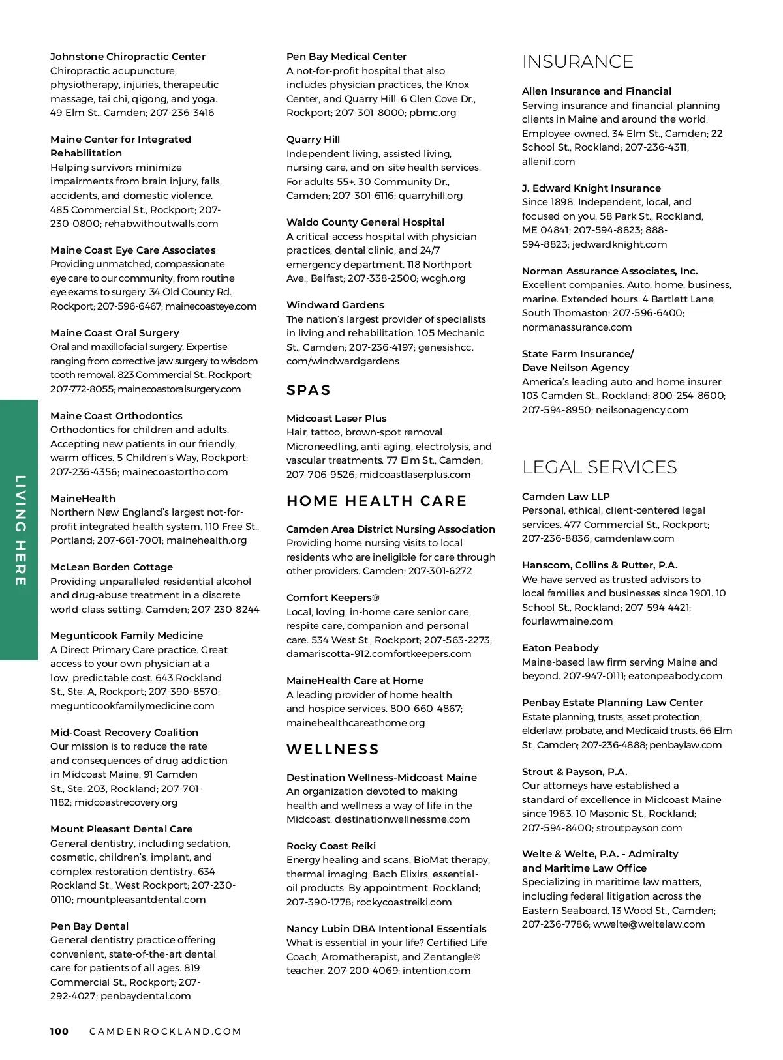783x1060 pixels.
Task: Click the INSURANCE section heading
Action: pyautogui.click(x=577, y=62)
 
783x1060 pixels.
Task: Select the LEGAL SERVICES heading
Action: pyautogui.click(x=600, y=467)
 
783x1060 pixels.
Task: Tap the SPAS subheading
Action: pyautogui.click(x=309, y=390)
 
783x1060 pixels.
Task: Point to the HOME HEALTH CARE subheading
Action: pyautogui.click(x=376, y=501)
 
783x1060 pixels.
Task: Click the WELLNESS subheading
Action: pyautogui.click(x=333, y=750)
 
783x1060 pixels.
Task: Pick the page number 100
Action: pyautogui.click(x=59, y=1031)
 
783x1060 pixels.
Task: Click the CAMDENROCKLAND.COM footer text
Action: pyautogui.click(x=165, y=1031)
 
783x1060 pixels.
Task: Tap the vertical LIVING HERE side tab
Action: pyautogui.click(x=20, y=530)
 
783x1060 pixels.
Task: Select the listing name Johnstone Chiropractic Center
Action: pyautogui.click(x=128, y=57)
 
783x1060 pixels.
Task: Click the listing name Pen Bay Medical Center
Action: pyautogui.click(x=346, y=57)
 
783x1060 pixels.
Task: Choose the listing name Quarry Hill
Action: pyautogui.click(x=313, y=140)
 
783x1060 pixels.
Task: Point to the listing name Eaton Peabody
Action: pyautogui.click(x=560, y=648)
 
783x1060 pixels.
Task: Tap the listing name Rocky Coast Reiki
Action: pyautogui.click(x=331, y=846)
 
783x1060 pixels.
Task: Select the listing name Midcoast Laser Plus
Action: pyautogui.click(x=336, y=419)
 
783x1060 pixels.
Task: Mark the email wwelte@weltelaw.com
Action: pyautogui.click(x=649, y=924)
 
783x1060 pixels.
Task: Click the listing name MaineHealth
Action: pyautogui.click(x=83, y=499)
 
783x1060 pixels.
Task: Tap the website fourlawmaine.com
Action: pyautogui.click(x=567, y=621)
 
